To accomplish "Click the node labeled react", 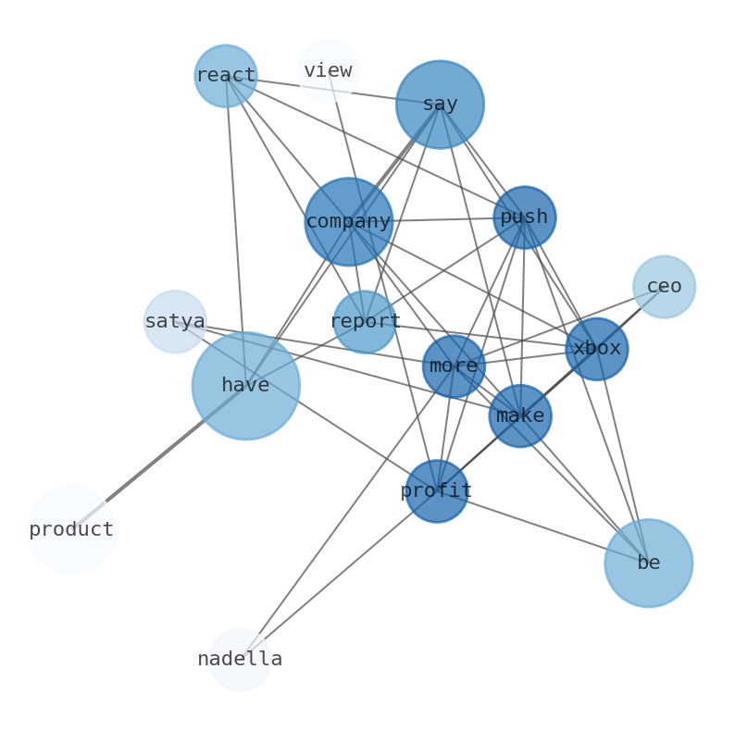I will click(225, 76).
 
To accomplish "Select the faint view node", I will click(328, 70).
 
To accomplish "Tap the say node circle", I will click(440, 105).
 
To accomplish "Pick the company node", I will click(348, 222).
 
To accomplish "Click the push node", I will click(524, 217).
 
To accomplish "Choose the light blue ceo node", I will click(664, 287).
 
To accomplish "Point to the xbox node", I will click(596, 349).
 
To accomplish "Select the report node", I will click(365, 322).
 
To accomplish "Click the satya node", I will click(175, 322).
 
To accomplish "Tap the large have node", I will click(245, 386).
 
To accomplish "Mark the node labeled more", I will click(454, 366).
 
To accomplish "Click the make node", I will click(519, 416).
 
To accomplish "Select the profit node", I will click(436, 491).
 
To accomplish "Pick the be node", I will click(648, 563).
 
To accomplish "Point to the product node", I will click(71, 530).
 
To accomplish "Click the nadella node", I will click(240, 660).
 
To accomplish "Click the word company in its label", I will click(348, 222).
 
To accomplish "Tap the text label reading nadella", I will click(240, 660).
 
